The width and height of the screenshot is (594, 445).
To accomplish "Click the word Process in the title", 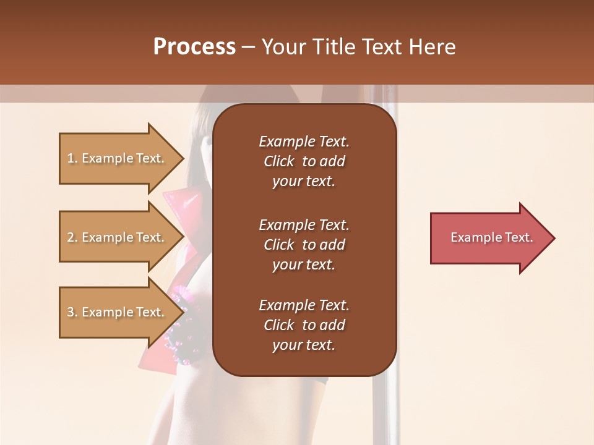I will point(194,47).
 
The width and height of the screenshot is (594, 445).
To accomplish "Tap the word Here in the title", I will point(433,47).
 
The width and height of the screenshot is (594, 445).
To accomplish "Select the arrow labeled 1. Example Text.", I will point(118,158).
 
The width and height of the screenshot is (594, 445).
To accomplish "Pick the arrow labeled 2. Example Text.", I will point(118,237).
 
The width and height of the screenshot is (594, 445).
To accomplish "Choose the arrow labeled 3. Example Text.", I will point(118,312).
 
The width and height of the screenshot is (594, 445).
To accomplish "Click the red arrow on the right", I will point(489,238).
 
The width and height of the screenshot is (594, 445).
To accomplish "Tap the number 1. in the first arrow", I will point(72,158).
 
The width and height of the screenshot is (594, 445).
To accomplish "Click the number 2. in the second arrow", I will point(72,237).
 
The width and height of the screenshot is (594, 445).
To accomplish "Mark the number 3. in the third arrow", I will point(72,312).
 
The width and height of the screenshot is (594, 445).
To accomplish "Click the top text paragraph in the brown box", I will point(304,161).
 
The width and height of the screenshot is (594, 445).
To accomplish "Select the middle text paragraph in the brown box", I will point(304,245).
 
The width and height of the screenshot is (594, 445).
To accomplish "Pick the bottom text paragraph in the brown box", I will point(304,325).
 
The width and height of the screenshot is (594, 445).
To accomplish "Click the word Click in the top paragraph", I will point(279,161).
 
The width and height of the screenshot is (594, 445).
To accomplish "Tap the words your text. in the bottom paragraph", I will point(304,345).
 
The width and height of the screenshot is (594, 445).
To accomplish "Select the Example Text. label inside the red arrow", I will point(491,237).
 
